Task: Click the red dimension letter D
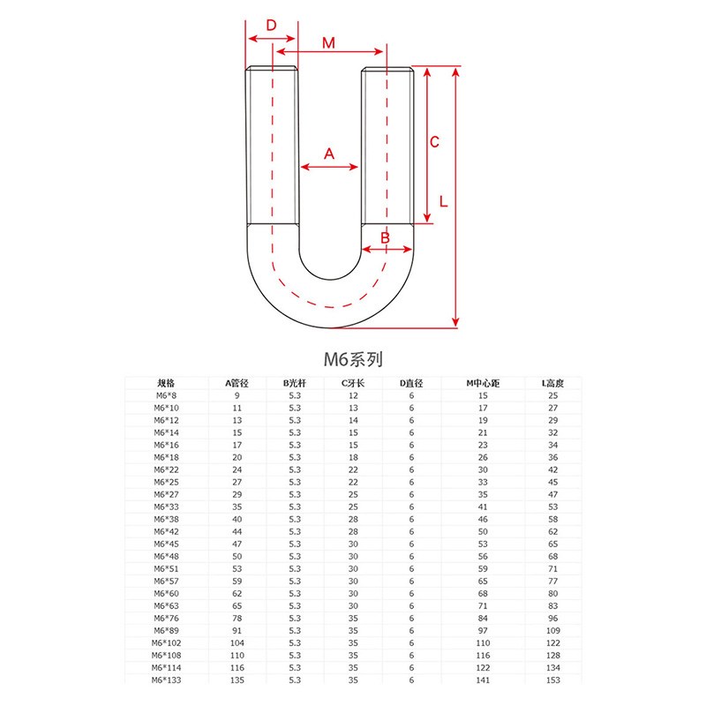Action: [x=272, y=25]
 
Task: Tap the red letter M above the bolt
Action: [x=328, y=42]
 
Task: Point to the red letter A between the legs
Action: [x=330, y=154]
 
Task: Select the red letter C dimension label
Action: [x=434, y=143]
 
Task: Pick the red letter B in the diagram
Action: [x=386, y=237]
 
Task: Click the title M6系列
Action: [x=353, y=359]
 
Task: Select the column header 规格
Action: [x=166, y=383]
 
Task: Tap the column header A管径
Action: [x=237, y=383]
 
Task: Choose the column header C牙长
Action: [x=353, y=383]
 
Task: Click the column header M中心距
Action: [x=483, y=383]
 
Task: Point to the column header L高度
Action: [x=552, y=383]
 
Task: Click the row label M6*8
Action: [x=166, y=395]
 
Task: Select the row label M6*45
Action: [x=166, y=544]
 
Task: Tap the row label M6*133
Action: [x=166, y=680]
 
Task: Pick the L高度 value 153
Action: [x=552, y=680]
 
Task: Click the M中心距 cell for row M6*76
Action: [x=483, y=618]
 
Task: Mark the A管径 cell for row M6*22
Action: [x=237, y=469]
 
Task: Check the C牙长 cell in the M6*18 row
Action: [x=353, y=457]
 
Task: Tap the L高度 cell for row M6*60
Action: [x=552, y=593]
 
